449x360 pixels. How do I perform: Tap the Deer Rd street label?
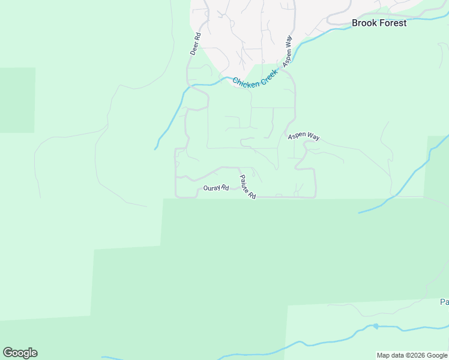[x=195, y=44]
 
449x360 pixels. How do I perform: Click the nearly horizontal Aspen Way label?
[x=303, y=137]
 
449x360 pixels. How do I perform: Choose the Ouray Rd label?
[x=216, y=188]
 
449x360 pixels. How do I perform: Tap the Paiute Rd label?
[x=248, y=187]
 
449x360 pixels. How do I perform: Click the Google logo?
[x=20, y=353]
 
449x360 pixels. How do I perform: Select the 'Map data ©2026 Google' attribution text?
[x=412, y=355]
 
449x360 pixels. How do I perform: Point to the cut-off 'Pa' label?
[x=444, y=302]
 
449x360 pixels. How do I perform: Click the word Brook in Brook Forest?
[x=364, y=23]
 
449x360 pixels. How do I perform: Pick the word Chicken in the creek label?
[x=246, y=82]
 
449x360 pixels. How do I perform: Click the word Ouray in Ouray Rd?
[x=212, y=188]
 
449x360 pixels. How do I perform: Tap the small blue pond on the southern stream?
[x=376, y=326]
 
